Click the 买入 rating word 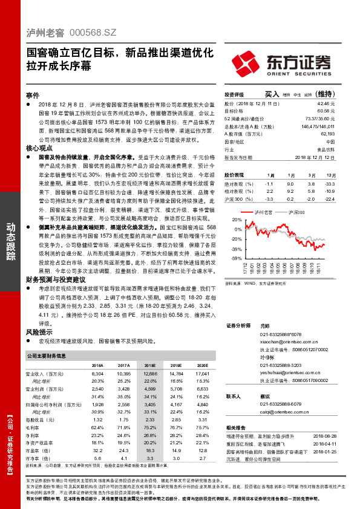(x=271, y=94)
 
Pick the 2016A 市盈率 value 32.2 (x=97, y=450)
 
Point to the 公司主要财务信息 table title (x=51, y=357)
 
